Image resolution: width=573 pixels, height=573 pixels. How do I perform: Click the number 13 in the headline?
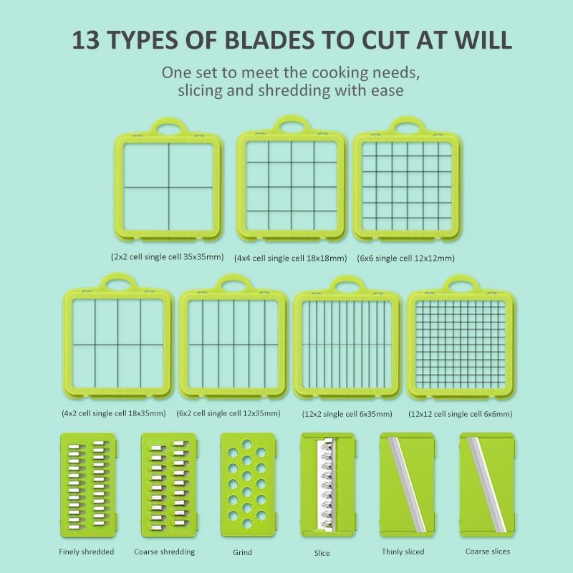[x=86, y=39]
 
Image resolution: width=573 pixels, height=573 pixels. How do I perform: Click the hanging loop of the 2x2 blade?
[x=168, y=127]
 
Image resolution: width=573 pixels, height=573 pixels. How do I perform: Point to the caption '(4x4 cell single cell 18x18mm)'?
[x=291, y=259]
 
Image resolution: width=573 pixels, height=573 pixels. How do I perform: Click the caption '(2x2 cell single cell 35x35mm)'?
[x=168, y=257]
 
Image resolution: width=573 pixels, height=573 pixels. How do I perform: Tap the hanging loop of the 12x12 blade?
[x=461, y=283]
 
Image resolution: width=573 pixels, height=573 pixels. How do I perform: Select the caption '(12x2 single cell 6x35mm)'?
[x=347, y=414]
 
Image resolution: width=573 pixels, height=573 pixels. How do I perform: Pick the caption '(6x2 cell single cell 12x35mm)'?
[x=228, y=413]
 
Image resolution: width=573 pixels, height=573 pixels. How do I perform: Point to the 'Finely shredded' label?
[x=87, y=552]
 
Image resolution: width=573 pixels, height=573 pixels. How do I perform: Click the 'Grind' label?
[x=243, y=552]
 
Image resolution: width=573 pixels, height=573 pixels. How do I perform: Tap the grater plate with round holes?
[x=248, y=485]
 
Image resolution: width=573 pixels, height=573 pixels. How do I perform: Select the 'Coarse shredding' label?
[x=165, y=552]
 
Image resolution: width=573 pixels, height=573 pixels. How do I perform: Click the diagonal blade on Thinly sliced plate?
[x=407, y=485]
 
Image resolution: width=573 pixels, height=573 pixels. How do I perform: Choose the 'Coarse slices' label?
[x=488, y=552]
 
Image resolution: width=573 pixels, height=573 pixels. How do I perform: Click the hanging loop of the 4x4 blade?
[x=292, y=125]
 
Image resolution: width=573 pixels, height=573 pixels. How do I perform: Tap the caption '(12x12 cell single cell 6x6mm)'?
[x=461, y=414]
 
